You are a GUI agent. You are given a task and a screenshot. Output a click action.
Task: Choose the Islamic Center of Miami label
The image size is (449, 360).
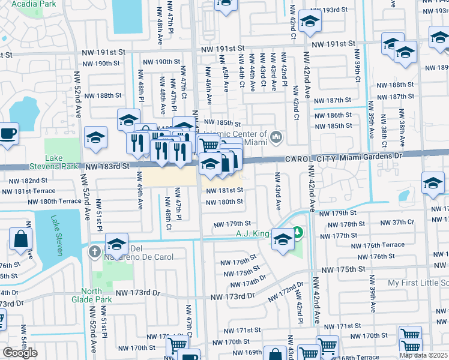tap(235, 137)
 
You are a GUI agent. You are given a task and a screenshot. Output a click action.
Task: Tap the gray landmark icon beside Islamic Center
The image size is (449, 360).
tap(276, 137)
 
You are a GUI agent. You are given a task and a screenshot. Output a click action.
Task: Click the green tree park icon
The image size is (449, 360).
tap(297, 232)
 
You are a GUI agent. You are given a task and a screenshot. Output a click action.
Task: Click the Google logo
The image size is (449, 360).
tap(20, 353)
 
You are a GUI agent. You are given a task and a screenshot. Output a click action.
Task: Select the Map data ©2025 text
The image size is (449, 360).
tap(424, 355)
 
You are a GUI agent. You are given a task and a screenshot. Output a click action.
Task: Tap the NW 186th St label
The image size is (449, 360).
tap(331, 115)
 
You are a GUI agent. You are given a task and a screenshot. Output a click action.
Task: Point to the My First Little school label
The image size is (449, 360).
tap(418, 283)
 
